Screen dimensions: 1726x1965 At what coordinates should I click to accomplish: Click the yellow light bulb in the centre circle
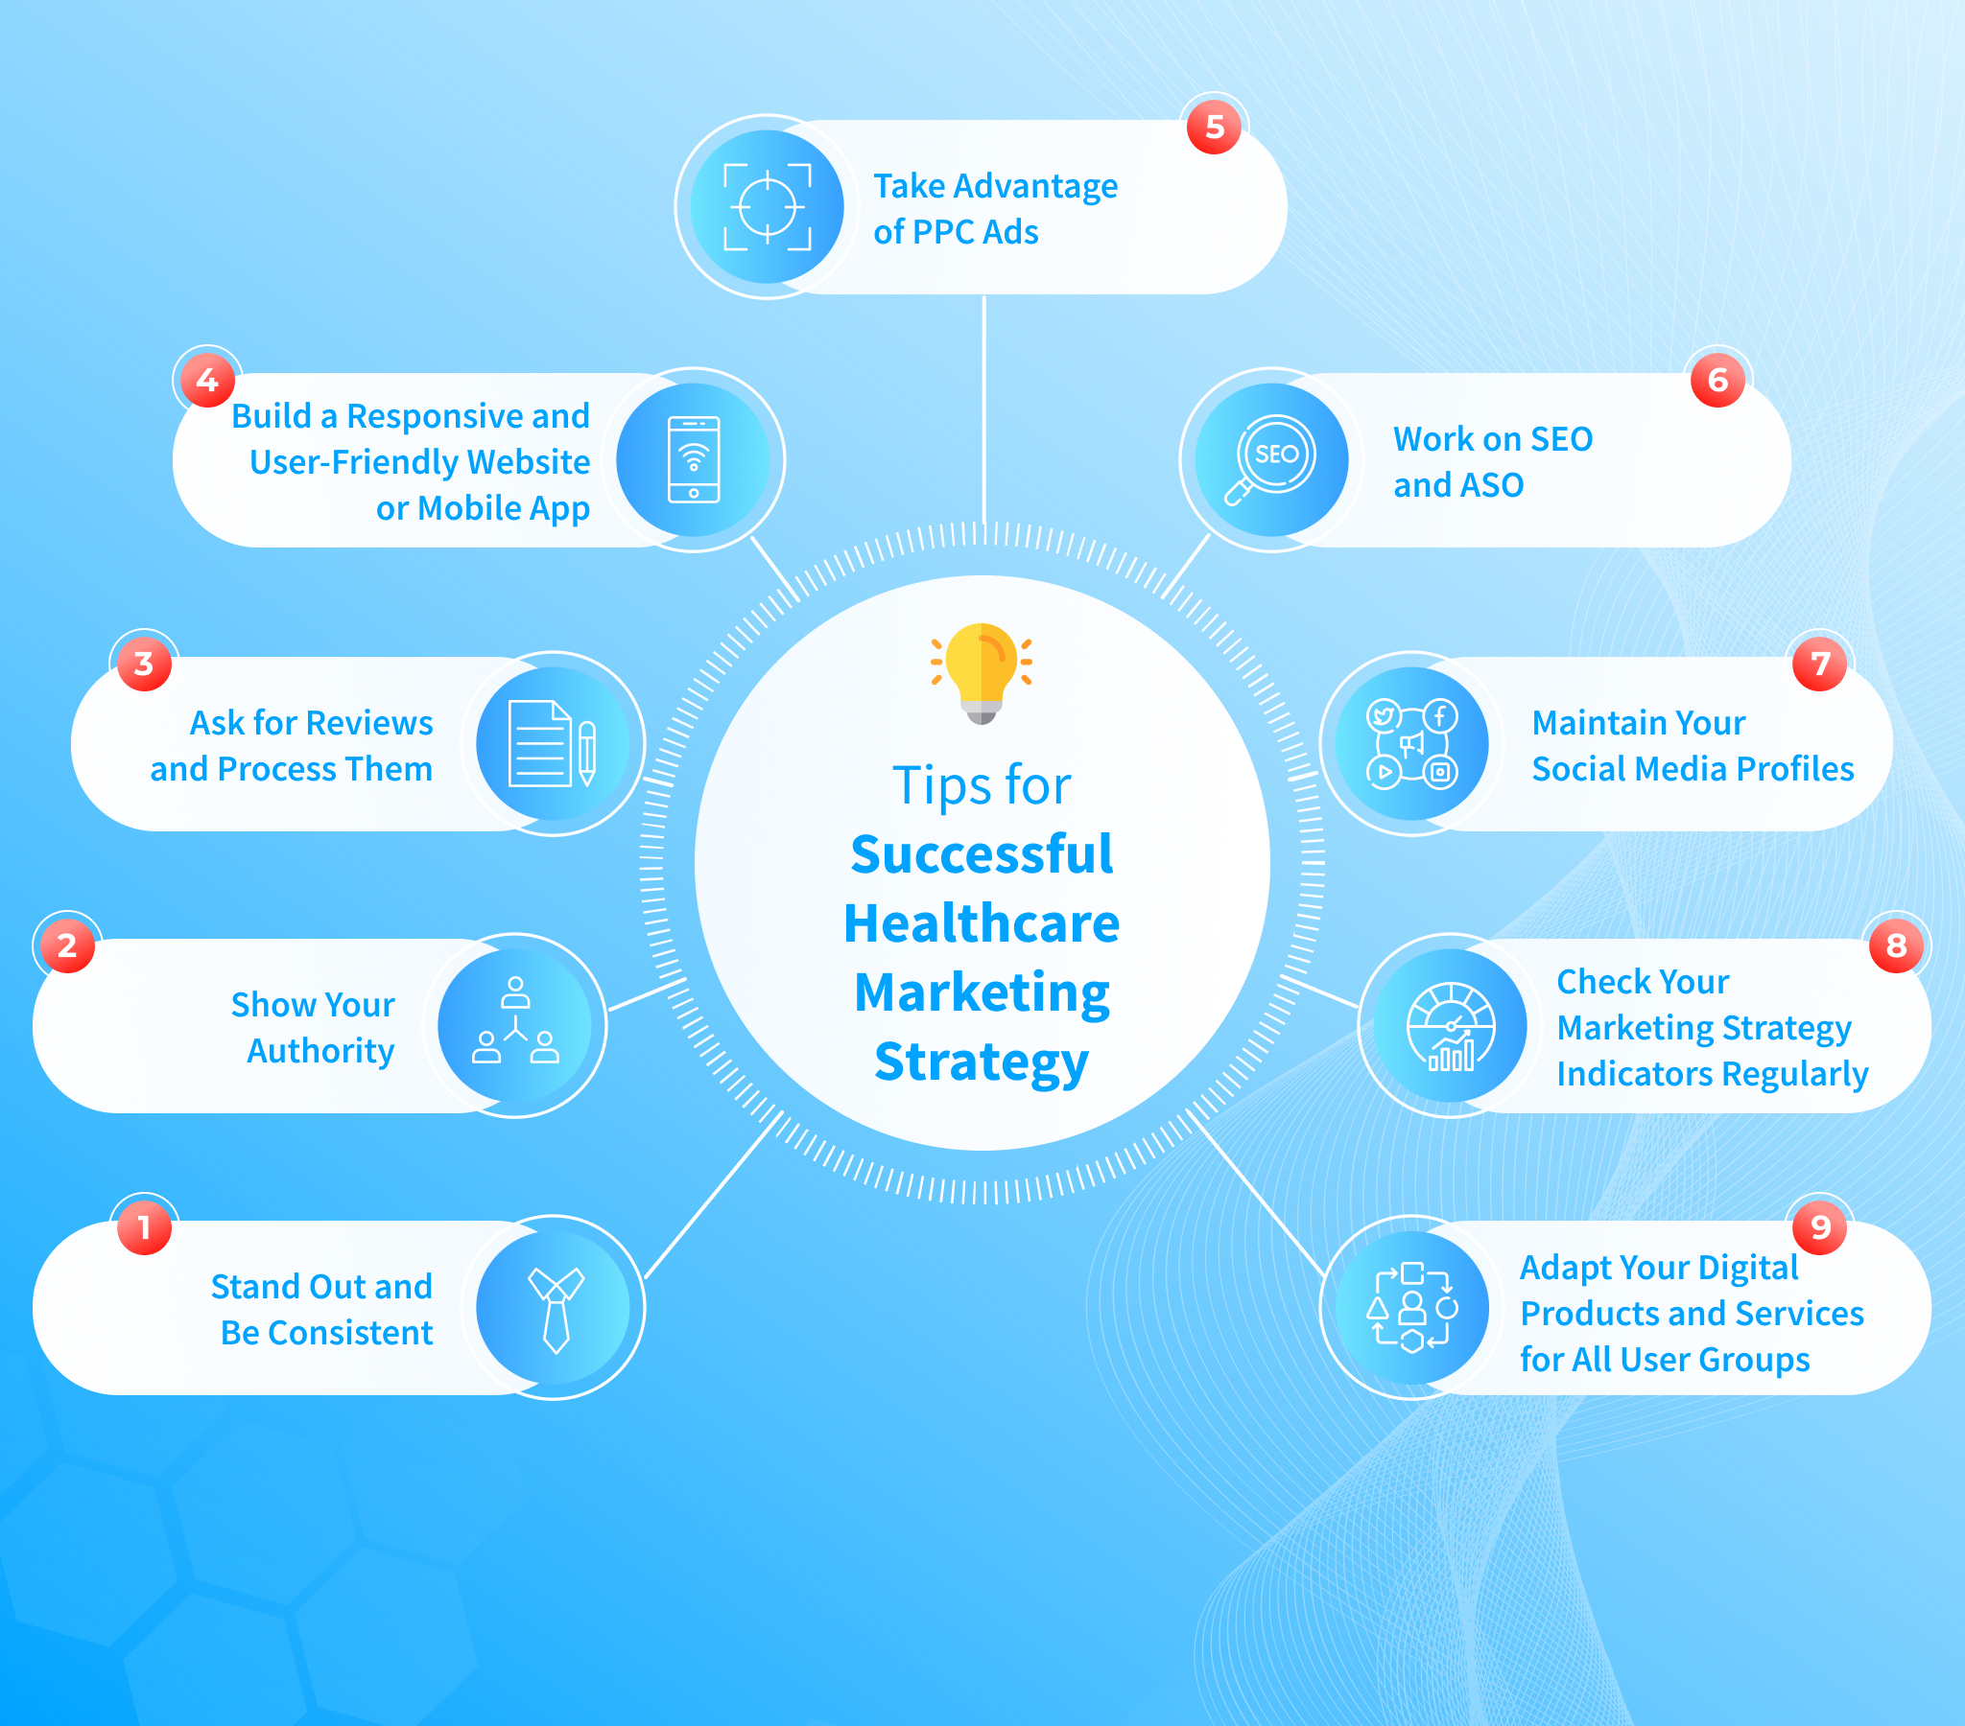coord(982,671)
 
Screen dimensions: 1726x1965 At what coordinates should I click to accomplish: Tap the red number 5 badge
coord(1214,127)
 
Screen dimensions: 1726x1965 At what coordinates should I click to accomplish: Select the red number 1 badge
coord(144,1227)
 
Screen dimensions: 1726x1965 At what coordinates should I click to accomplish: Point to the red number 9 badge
coord(1820,1227)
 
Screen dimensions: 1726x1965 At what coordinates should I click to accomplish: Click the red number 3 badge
coord(144,664)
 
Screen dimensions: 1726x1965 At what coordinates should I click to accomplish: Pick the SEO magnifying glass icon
coord(1271,460)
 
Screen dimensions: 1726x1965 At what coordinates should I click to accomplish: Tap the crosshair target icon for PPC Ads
coord(768,206)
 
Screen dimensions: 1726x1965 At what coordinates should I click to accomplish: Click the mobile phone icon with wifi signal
coord(693,459)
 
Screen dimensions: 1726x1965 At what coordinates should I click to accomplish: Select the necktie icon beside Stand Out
coord(555,1308)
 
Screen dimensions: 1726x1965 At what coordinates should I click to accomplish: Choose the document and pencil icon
coord(553,744)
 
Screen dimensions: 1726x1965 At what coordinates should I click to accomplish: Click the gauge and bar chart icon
coord(1451,1025)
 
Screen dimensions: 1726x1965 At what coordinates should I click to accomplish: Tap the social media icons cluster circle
coord(1411,744)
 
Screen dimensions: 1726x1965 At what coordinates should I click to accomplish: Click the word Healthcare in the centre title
coord(982,923)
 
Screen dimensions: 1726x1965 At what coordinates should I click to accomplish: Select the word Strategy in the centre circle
coord(982,1061)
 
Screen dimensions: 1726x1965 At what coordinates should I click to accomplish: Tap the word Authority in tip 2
coord(320,1050)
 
